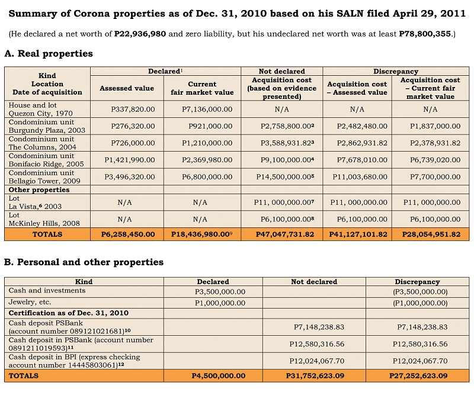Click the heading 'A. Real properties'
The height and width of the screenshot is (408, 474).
click(x=49, y=54)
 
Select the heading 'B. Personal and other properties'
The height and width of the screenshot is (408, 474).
click(x=84, y=262)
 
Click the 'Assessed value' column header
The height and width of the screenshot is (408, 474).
click(x=127, y=88)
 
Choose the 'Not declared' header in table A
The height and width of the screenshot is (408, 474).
click(x=281, y=71)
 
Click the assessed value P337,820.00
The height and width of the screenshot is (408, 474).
click(x=133, y=109)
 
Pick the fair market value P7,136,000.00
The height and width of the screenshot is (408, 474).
click(x=207, y=109)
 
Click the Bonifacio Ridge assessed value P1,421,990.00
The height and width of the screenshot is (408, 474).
click(x=129, y=159)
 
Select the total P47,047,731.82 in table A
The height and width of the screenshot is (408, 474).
click(x=282, y=234)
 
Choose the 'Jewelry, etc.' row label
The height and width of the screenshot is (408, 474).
click(x=30, y=302)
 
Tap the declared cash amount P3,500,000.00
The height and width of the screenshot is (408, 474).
click(x=220, y=292)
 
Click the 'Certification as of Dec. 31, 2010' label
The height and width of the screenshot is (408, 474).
click(x=68, y=313)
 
